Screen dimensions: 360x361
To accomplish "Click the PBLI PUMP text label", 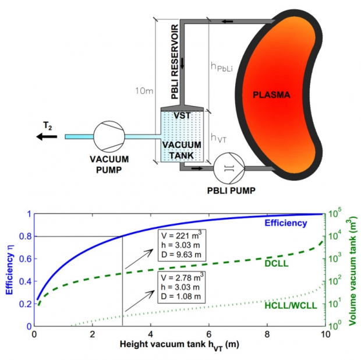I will [231, 190].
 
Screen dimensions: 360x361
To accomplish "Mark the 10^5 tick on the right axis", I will [336, 213].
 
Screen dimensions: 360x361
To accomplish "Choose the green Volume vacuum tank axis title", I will [352, 269].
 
